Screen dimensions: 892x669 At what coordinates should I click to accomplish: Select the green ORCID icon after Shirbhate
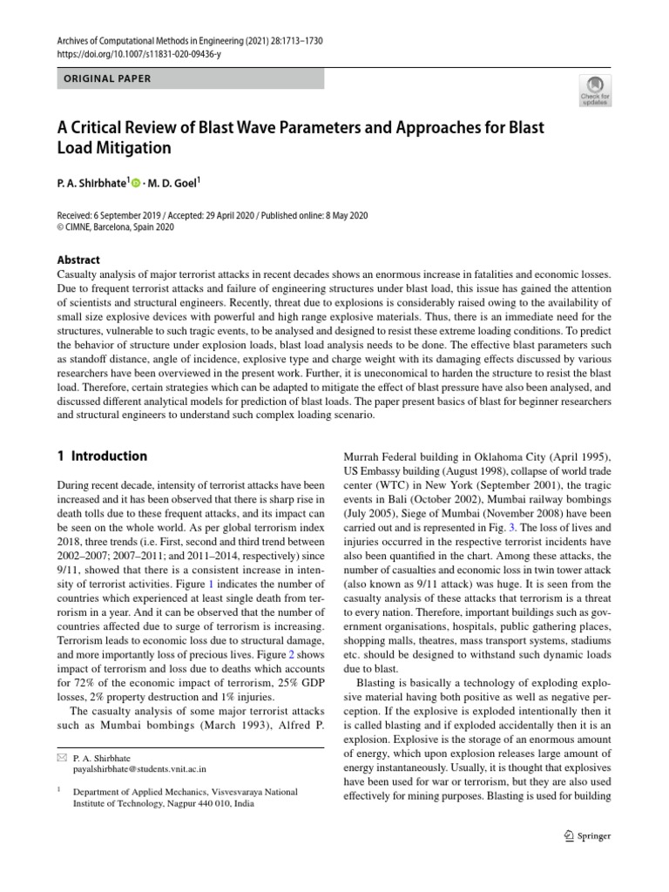136,182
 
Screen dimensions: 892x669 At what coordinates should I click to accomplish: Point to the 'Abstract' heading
78,260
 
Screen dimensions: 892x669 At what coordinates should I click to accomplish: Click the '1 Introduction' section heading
102,456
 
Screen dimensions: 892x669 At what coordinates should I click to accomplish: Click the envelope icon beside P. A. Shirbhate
62,758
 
